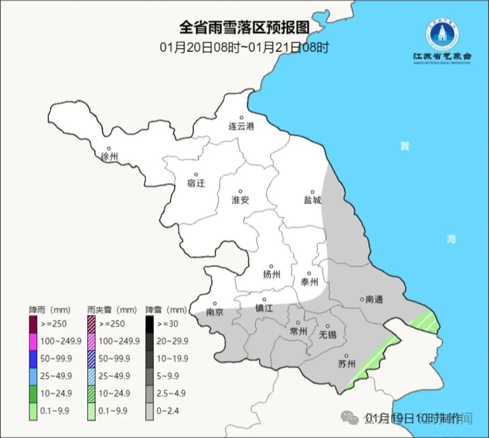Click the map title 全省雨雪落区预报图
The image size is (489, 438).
pos(244,28)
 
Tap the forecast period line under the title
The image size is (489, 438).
pos(244,47)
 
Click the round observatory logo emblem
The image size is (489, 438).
pos(441,34)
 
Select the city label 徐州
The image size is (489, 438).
pos(110,157)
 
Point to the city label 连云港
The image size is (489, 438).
pos(241,126)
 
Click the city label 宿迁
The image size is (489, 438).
pos(196,183)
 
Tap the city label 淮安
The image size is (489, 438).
pos(240,200)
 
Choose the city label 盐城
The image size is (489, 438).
pos(312,200)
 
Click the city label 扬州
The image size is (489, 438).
pos(271,274)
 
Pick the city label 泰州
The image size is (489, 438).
pos(309,282)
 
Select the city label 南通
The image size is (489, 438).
pos(374,299)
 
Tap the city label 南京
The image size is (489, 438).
pos(214,312)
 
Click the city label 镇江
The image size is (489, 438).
pos(264,308)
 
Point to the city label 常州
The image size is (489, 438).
pos(298,331)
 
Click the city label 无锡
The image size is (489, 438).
pos(327,334)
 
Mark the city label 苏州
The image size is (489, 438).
pos(347,364)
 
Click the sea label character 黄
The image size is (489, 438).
pos(404,146)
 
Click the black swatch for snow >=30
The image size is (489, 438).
pos(149,324)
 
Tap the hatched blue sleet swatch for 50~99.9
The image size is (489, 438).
pos(91,358)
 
